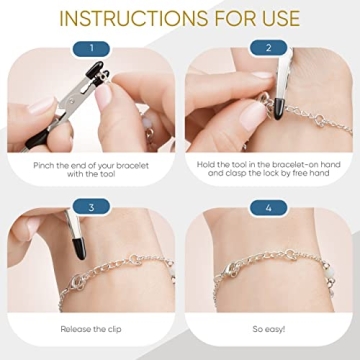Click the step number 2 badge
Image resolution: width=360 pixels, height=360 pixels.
[268, 48]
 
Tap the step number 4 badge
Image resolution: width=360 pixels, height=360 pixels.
[268, 207]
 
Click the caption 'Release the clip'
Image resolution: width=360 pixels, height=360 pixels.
[90, 328]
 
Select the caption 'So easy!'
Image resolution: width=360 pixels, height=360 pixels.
[268, 328]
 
